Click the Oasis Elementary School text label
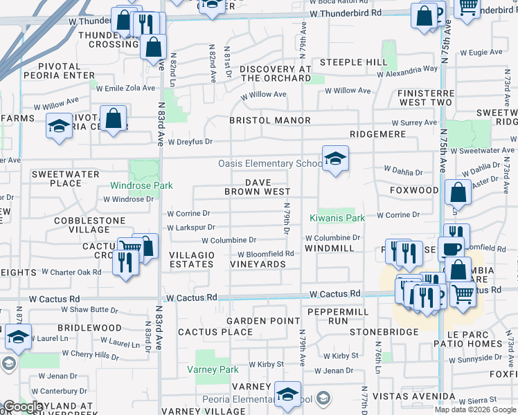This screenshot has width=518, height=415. [269, 164]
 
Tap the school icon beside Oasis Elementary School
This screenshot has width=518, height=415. [335, 159]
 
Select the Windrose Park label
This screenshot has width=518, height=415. [141, 186]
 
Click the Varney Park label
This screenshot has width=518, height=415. [213, 369]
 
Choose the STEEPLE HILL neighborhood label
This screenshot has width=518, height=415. [350, 63]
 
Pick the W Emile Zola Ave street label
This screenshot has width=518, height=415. [125, 88]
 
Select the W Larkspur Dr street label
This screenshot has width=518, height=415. [191, 227]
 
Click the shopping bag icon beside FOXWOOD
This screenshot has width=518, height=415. [458, 193]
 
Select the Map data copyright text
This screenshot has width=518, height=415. [474, 409]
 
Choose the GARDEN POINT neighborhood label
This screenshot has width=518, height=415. [263, 321]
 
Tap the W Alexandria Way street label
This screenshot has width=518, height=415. [407, 69]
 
